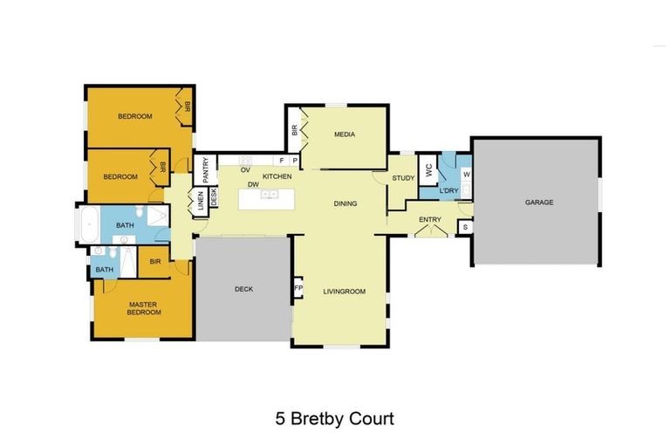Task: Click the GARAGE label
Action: pos(538,202)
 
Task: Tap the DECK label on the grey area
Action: pos(243,289)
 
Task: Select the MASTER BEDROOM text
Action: pos(144,308)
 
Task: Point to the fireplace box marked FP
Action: pos(297,289)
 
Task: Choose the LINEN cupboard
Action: pos(199,199)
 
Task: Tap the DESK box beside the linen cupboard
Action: pos(212,198)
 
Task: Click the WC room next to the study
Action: pos(427,171)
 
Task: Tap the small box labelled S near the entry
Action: pos(466,227)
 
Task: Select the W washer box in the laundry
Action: pos(466,174)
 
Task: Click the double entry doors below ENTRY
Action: pos(430,231)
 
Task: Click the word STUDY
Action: pos(402,178)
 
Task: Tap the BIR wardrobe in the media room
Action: pos(295,131)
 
